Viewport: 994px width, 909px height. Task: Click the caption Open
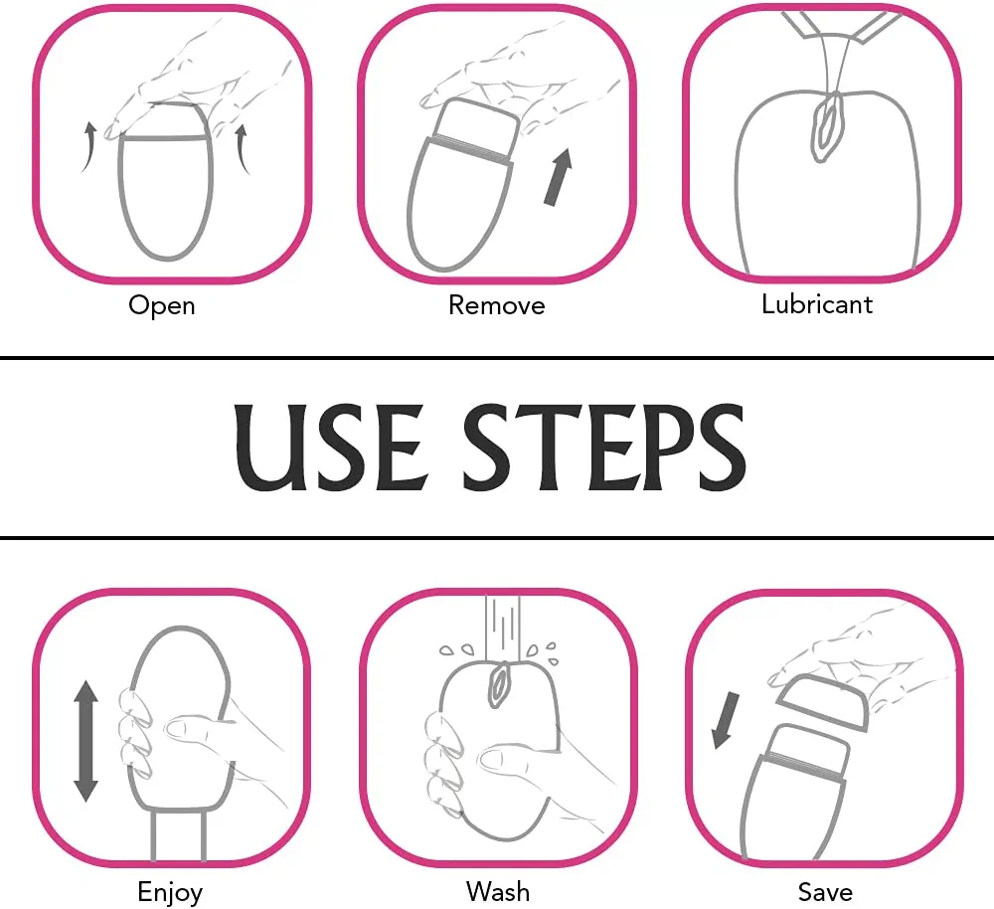[162, 305]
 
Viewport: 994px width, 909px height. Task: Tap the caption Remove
[496, 305]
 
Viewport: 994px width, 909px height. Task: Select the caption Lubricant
[816, 304]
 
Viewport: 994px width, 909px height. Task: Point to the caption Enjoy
[170, 892]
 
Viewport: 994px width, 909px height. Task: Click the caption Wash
[498, 891]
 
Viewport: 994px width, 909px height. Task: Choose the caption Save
[825, 892]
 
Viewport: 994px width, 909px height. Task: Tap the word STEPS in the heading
[604, 447]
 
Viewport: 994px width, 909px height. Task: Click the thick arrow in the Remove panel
[559, 177]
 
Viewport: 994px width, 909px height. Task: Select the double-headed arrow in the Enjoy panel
[86, 741]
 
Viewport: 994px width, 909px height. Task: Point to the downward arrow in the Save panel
[726, 720]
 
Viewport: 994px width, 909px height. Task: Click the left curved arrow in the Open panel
[88, 147]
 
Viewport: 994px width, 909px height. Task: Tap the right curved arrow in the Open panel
[242, 149]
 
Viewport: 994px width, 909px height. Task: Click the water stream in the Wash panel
[503, 628]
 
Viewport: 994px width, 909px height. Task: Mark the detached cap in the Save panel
[822, 701]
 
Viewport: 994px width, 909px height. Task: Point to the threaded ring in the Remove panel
[473, 150]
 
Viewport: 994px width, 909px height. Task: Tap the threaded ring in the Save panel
[803, 765]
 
